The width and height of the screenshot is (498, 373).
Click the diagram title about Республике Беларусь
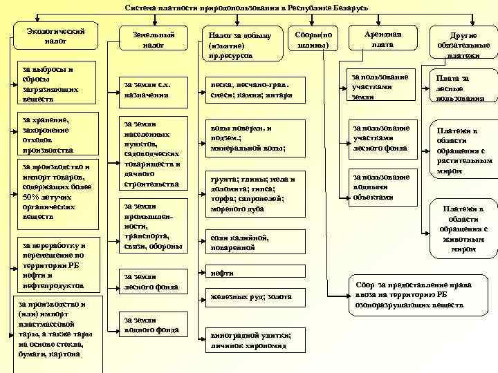point(246,7)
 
